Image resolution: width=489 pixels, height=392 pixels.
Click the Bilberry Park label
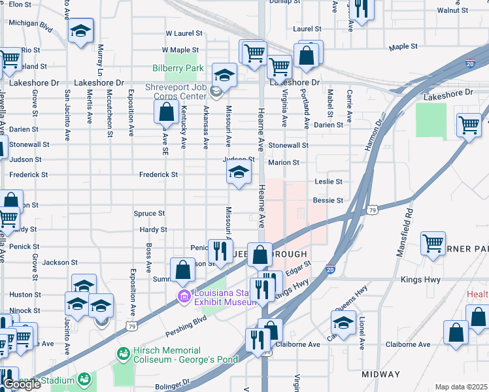(178, 68)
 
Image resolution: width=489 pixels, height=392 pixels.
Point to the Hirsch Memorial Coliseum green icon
(122, 353)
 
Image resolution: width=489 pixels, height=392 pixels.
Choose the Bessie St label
(328, 200)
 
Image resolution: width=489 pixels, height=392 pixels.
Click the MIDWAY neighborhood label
(381, 374)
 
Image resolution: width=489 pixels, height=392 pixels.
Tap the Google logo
(21, 384)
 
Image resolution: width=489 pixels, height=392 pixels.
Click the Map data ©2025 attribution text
(461, 387)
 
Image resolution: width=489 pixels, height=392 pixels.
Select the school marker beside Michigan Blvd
(81, 31)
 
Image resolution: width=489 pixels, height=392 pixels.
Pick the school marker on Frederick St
(239, 173)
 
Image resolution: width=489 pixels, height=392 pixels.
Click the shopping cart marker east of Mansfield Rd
(433, 244)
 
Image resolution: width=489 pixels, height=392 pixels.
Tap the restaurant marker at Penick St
(220, 251)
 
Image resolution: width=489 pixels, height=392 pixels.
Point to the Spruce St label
(149, 214)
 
